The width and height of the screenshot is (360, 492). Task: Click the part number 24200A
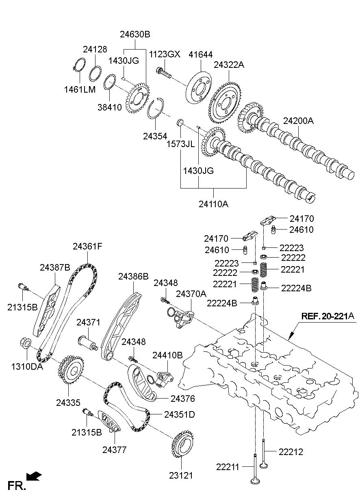coord(299,121)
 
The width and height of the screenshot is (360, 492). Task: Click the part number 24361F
coord(88,246)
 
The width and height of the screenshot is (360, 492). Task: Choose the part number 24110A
coord(213,204)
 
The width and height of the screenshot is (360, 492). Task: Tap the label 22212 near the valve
coord(291,451)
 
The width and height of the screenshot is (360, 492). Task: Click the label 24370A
coord(191,293)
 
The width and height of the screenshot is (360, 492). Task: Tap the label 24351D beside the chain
coord(180,415)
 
